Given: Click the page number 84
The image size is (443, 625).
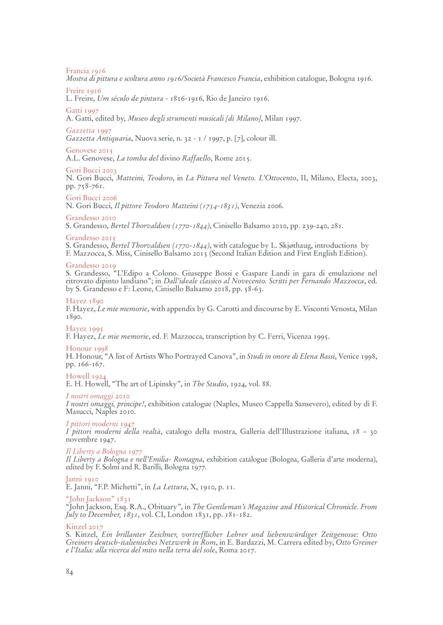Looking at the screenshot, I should [x=69, y=572].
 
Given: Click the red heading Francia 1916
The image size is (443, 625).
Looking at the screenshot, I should [x=86, y=71].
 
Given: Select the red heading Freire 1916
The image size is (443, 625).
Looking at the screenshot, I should [x=83, y=90].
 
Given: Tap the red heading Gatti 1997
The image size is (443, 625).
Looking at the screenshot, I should [x=82, y=110].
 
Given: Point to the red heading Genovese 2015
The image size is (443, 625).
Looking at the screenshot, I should [x=89, y=150].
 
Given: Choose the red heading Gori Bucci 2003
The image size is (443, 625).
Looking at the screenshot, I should [x=91, y=170].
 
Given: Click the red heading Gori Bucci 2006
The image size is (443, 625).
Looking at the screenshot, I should [x=91, y=198].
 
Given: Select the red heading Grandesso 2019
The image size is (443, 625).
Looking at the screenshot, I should [x=91, y=265].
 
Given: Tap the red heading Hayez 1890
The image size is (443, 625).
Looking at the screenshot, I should [x=84, y=301].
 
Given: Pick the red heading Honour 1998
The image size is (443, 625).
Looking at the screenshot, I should [x=87, y=348].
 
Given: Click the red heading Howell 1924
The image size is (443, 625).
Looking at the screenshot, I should [x=86, y=376].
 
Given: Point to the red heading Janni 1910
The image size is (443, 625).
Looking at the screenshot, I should [x=82, y=479].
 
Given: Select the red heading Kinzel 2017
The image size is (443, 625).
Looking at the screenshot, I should [x=84, y=526].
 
